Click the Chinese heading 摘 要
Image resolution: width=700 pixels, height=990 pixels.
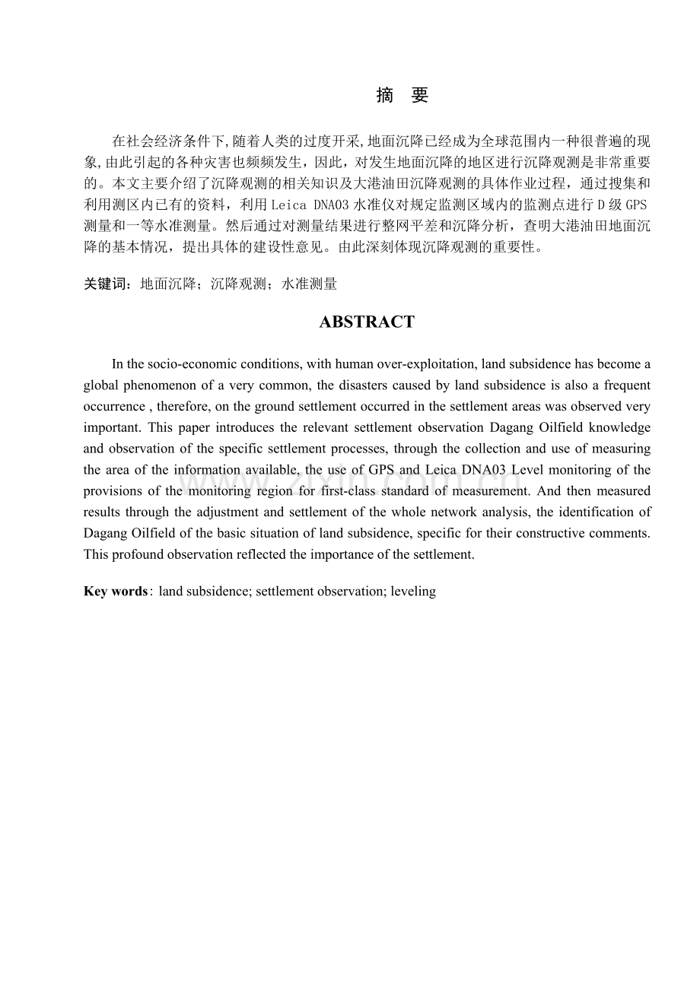402,96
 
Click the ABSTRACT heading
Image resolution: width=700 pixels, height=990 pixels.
367,322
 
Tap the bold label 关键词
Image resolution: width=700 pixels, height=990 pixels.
107,284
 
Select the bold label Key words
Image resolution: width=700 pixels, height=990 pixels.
116,591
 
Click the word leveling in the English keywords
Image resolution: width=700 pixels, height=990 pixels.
413,591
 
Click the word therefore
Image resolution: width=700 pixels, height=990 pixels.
181,407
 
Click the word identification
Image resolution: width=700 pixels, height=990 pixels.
598,512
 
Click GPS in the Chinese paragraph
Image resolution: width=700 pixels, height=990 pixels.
637,205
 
